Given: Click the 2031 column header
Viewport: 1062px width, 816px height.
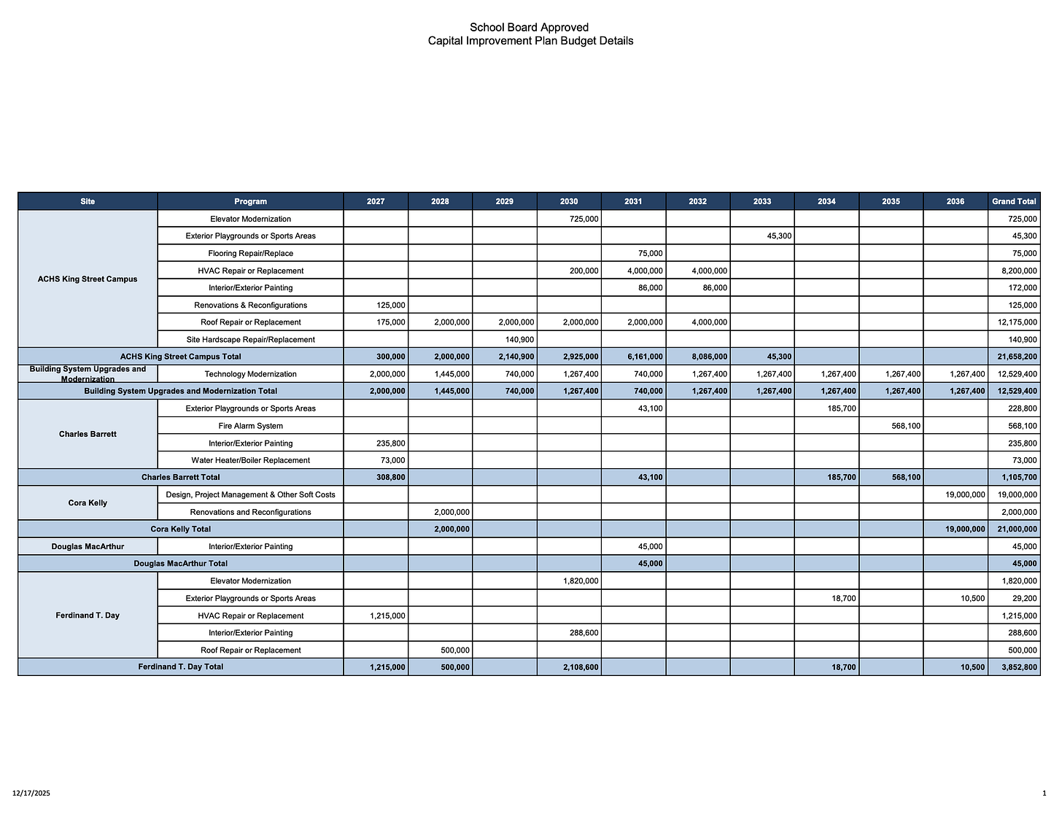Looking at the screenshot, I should click(x=633, y=201).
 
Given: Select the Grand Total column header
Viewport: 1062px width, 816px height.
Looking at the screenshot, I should click(x=1014, y=201).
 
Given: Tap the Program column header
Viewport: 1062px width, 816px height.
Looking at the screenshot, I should click(x=250, y=201).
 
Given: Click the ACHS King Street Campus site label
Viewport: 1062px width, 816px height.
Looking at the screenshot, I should click(x=88, y=279).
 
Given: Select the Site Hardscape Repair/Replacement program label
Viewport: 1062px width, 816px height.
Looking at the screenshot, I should click(x=250, y=340).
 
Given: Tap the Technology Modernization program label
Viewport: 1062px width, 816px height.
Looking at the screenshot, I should click(x=250, y=374).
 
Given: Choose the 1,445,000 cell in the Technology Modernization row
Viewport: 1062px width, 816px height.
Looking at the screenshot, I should click(x=451, y=374).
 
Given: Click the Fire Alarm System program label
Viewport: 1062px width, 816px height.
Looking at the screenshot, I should click(x=250, y=426).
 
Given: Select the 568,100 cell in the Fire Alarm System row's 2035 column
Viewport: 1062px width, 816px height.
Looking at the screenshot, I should click(x=905, y=426).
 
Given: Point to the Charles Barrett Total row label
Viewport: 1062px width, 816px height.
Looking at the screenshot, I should click(x=180, y=478).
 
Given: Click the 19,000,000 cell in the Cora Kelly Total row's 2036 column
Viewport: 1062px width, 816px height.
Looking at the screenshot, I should click(x=965, y=529).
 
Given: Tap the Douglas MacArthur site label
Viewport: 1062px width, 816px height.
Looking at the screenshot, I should click(x=88, y=546).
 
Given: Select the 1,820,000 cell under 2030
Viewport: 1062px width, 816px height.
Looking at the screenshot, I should click(x=581, y=581).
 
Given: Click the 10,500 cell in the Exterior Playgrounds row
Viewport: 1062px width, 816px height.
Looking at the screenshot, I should click(x=973, y=599).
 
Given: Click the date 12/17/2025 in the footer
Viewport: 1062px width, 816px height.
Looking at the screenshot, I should click(x=31, y=793).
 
